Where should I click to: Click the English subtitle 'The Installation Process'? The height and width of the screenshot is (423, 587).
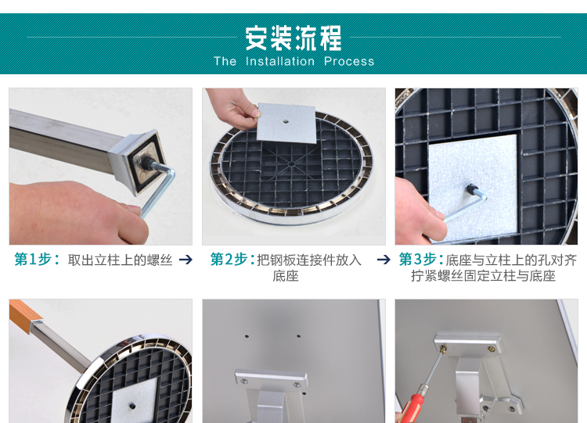click(x=293, y=62)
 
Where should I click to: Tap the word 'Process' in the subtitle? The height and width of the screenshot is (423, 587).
click(x=349, y=62)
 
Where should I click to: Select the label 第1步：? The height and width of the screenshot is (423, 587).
click(x=37, y=260)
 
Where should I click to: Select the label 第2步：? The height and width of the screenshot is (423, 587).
click(x=232, y=260)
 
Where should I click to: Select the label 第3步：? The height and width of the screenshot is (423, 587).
click(x=421, y=260)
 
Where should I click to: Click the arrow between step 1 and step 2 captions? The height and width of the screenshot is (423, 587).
click(x=185, y=260)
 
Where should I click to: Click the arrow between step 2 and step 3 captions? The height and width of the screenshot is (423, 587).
click(x=384, y=260)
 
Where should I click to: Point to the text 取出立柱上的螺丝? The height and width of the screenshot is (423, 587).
click(x=120, y=260)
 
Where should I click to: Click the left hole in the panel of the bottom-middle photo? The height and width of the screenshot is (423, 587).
click(x=246, y=337)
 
